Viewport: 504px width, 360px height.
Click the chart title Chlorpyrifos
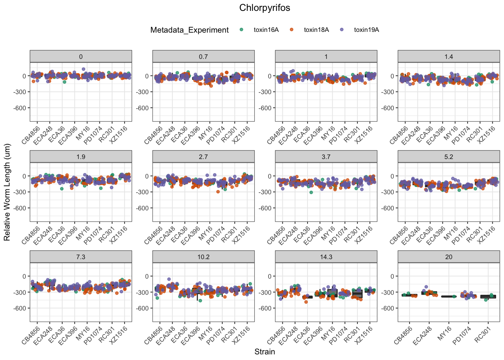tap(264, 8)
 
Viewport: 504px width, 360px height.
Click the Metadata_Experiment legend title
tap(189, 30)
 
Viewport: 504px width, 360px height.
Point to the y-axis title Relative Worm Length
tap(7, 192)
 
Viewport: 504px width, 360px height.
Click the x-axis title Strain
tap(264, 352)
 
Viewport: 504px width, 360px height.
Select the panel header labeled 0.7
tap(203, 57)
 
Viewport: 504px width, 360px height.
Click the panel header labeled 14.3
tap(326, 257)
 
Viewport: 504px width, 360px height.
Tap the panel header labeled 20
tap(448, 257)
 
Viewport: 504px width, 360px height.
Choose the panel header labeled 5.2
tap(448, 157)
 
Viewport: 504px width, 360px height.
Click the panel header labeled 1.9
tap(81, 157)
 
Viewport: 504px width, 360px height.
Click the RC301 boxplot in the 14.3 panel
tap(357, 294)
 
